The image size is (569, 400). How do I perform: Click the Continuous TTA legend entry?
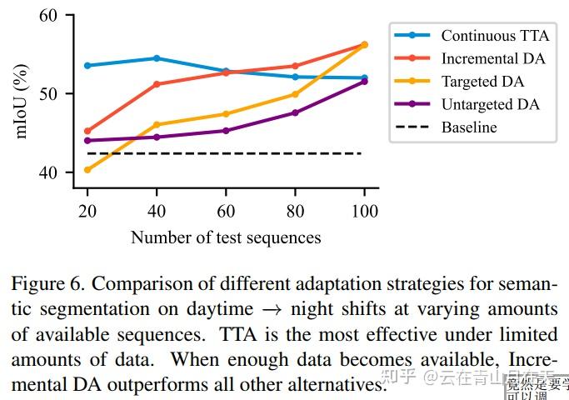tap(494, 35)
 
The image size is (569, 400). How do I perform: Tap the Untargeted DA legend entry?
tap(490, 104)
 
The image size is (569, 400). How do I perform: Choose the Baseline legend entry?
tap(469, 127)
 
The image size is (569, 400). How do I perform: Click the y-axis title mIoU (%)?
tap(24, 93)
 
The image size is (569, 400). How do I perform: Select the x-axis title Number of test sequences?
tap(225, 237)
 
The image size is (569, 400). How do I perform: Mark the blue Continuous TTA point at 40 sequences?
tap(157, 58)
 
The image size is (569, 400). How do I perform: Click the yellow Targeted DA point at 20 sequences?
tap(87, 170)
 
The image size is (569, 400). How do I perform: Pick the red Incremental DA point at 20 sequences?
tap(87, 131)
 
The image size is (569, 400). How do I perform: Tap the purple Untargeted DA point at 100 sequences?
tap(363, 81)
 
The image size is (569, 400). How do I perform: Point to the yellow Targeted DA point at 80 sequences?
tap(295, 94)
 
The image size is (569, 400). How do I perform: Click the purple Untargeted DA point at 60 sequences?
tap(226, 131)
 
